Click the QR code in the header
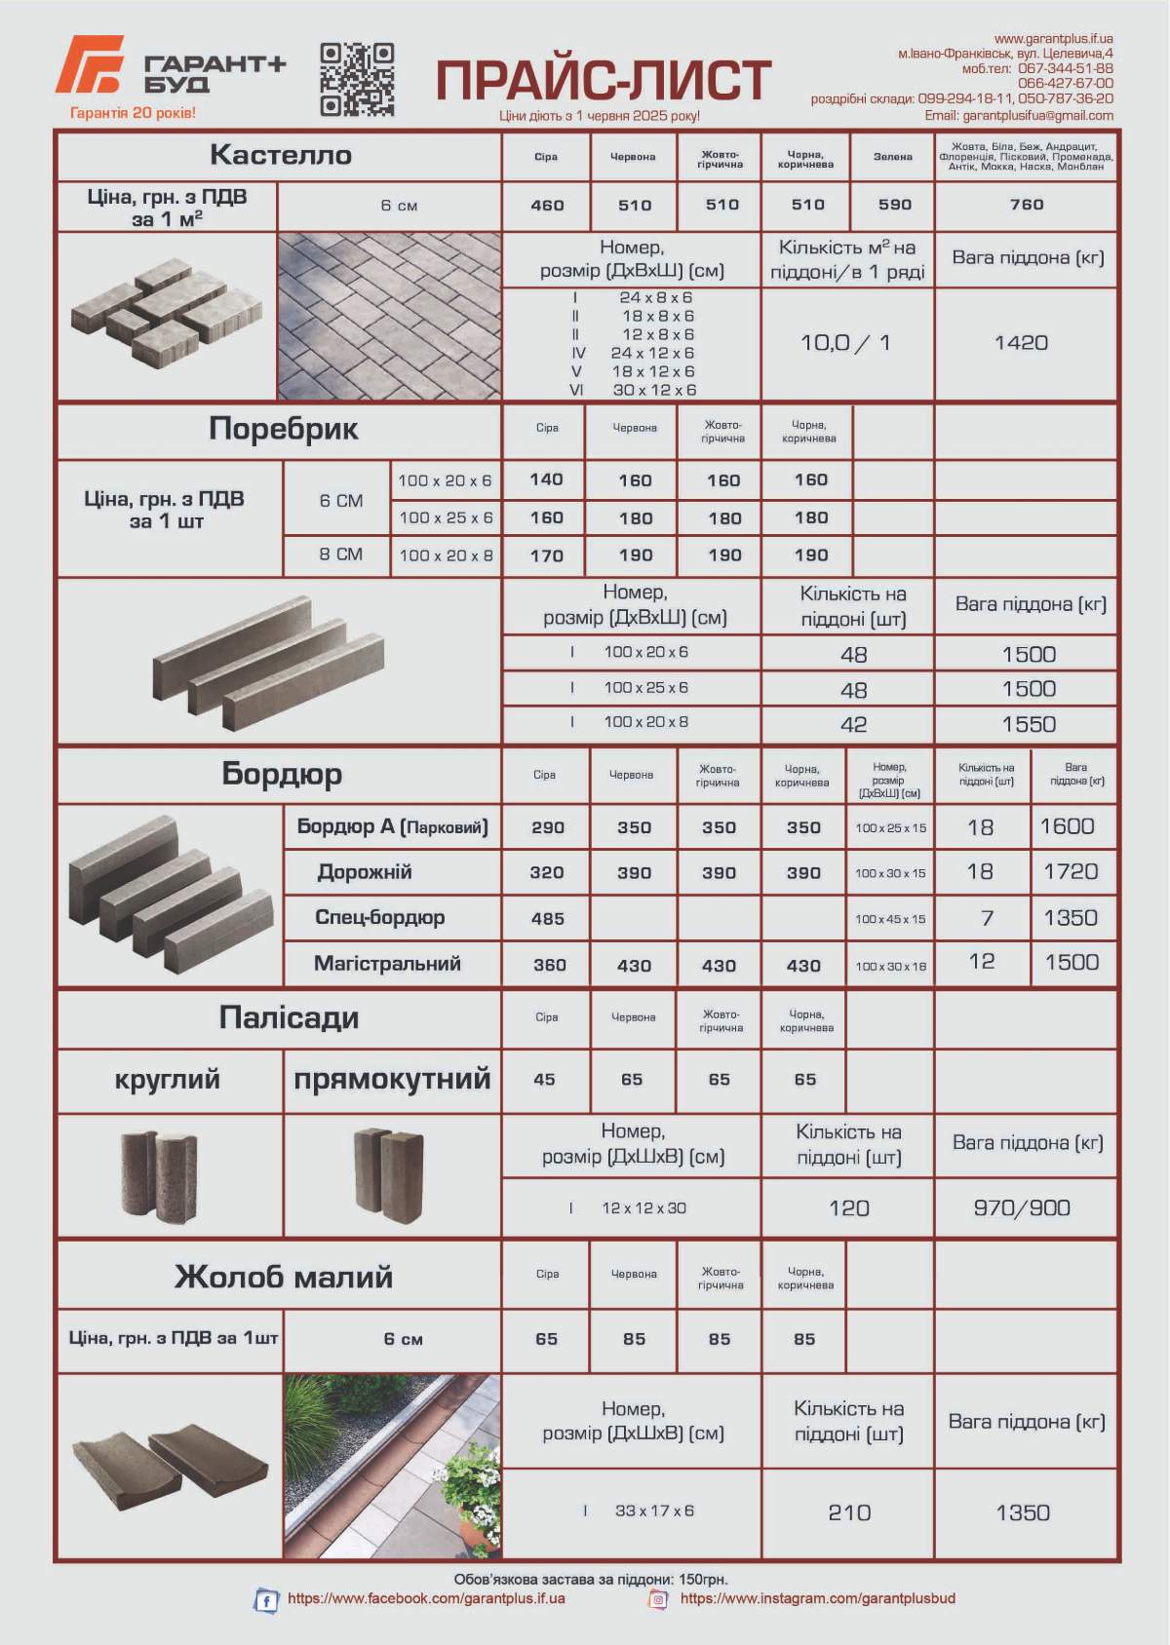357,79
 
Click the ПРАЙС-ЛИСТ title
603,80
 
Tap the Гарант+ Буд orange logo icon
90,64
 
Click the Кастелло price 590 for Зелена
893,205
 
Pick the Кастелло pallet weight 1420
1021,343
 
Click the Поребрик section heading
283,429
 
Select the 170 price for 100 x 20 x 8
546,555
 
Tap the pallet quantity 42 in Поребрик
853,724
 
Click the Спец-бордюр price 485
547,918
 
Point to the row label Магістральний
387,964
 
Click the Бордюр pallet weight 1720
1071,871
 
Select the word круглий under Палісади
167,1080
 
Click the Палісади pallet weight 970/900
1021,1208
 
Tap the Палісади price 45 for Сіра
544,1080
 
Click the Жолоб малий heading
283,1277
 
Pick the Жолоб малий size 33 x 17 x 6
653,1511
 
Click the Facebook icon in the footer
265,1600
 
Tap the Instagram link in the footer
817,1598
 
